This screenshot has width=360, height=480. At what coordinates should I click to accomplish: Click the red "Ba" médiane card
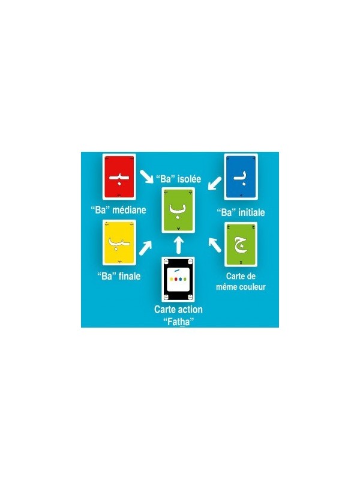[119, 176]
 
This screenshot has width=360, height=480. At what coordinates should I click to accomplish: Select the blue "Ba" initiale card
[241, 176]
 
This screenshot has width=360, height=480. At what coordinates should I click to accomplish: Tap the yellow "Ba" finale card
[119, 242]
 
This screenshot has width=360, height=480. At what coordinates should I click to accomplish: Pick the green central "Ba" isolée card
[178, 210]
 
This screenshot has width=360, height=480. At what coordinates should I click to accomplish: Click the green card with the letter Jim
[241, 245]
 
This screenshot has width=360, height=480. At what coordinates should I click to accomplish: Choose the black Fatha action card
[178, 279]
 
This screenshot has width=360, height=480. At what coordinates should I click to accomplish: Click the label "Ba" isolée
[178, 179]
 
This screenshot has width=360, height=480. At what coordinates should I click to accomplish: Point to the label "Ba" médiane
[118, 209]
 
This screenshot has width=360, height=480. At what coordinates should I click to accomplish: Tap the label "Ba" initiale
[241, 212]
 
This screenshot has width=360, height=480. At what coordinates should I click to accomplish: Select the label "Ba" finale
[119, 276]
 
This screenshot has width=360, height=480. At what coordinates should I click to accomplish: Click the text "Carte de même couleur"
[241, 281]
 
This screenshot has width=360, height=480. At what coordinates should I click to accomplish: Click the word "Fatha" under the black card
[179, 322]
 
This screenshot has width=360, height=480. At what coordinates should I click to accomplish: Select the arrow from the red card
[146, 176]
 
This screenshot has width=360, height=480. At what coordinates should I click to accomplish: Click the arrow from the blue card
[215, 183]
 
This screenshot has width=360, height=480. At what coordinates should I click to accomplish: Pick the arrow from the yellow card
[145, 248]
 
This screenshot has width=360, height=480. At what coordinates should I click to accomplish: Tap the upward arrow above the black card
[179, 245]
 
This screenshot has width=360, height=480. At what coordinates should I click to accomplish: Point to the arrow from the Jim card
[215, 245]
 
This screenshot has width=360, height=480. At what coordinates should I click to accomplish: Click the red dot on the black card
[176, 279]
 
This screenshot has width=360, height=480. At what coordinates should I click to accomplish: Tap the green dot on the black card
[185, 279]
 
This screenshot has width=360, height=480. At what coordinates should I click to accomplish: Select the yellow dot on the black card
[172, 279]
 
